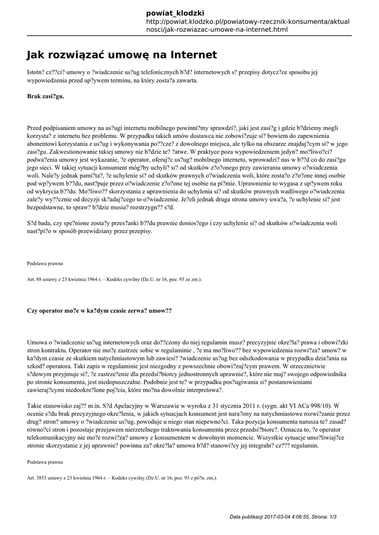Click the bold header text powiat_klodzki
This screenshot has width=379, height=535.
point(175,12)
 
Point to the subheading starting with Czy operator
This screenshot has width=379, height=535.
point(99,310)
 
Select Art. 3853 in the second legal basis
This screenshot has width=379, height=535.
point(37,478)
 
